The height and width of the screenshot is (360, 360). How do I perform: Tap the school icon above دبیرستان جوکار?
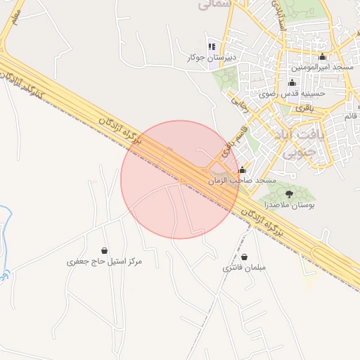210,46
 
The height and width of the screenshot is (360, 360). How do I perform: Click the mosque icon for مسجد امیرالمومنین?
323,56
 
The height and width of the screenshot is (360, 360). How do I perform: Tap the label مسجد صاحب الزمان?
242,181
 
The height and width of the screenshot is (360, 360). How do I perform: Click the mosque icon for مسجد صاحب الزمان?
243,169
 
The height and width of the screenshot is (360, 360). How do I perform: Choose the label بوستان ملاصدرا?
289,205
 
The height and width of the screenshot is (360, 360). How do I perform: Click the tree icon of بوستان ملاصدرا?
289,193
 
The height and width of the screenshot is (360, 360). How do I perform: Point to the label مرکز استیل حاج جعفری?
104,262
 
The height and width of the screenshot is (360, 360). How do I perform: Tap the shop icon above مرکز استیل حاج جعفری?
104,250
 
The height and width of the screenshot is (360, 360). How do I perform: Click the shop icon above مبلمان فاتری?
243,257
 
